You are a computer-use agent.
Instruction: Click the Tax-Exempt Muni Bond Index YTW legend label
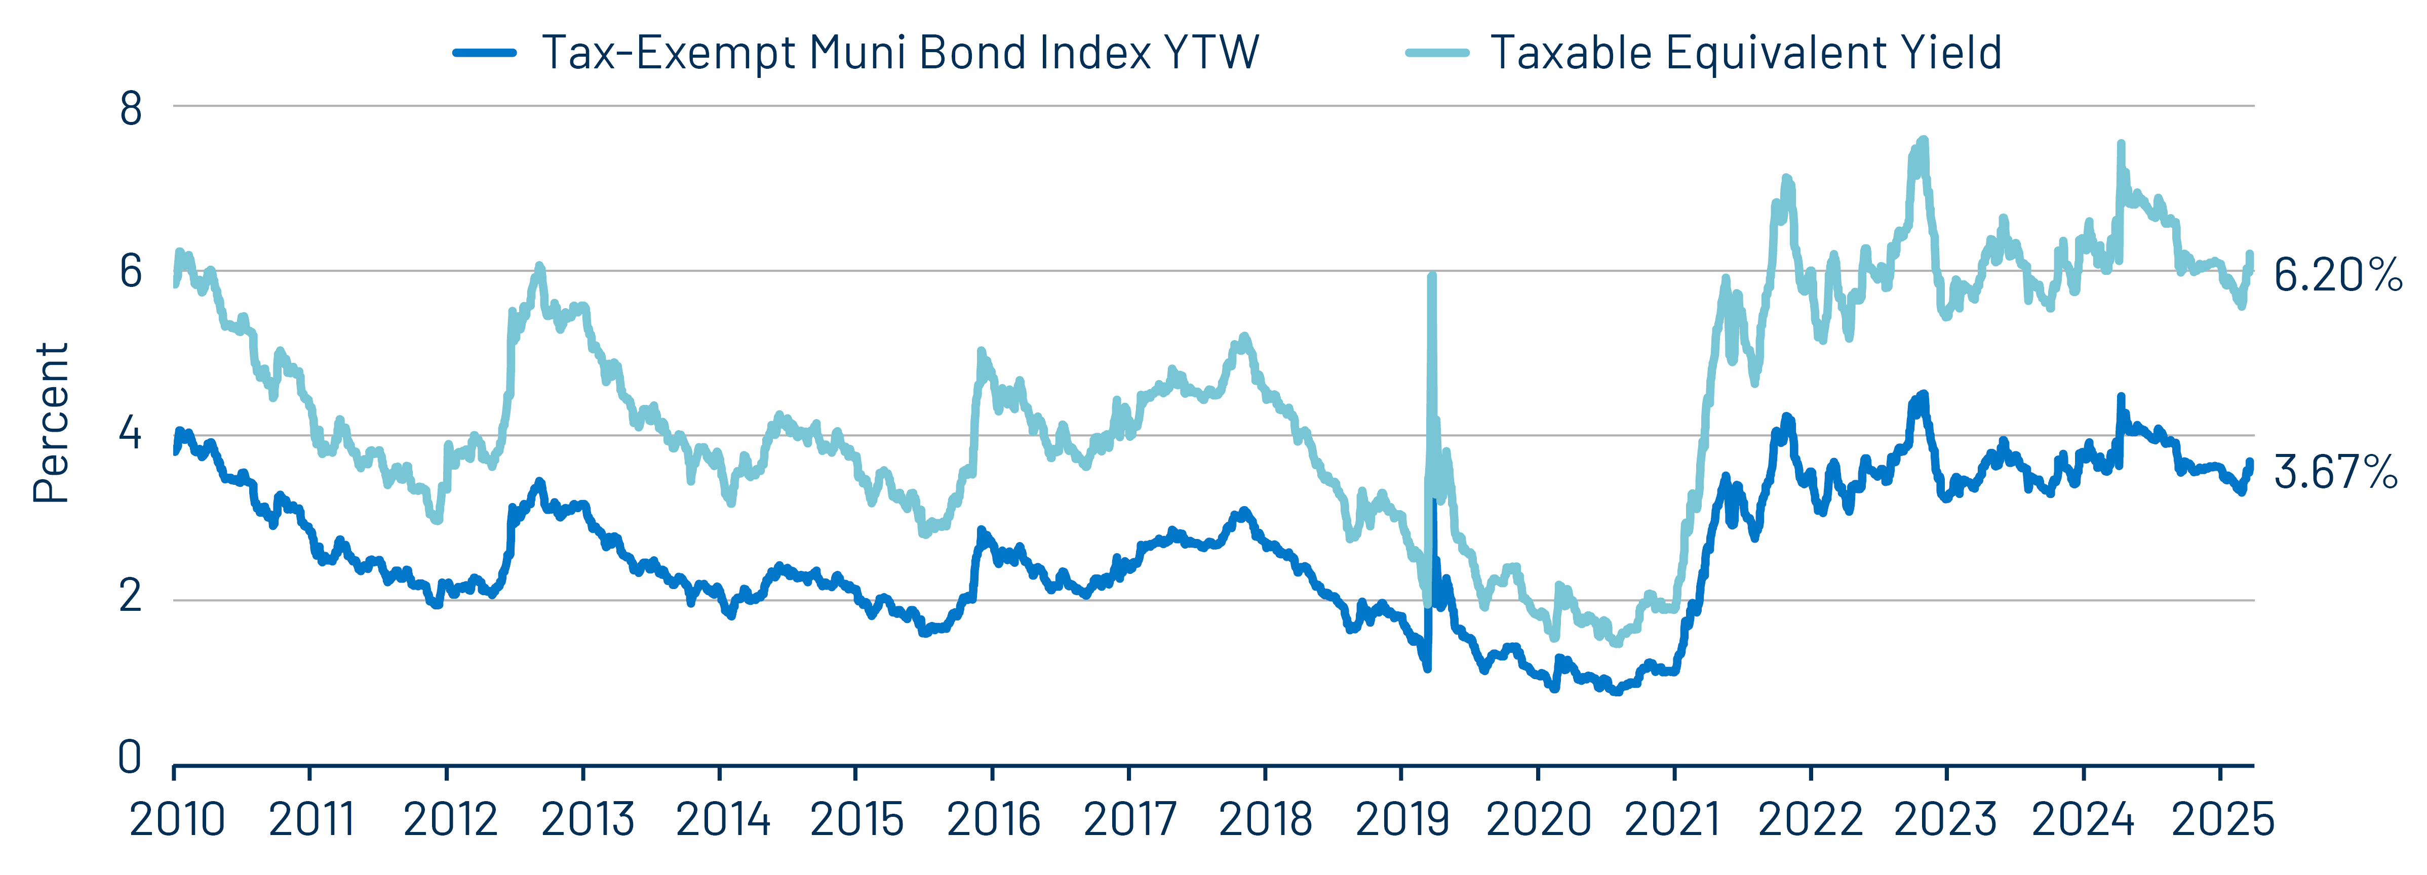point(900,53)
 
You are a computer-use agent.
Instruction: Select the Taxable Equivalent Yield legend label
point(1745,53)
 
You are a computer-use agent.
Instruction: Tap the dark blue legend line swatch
point(484,53)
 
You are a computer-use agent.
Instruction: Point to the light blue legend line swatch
point(1437,53)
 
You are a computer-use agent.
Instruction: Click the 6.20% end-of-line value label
point(2336,275)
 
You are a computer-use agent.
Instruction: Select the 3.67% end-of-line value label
point(2335,472)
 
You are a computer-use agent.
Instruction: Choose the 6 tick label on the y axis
point(131,272)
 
